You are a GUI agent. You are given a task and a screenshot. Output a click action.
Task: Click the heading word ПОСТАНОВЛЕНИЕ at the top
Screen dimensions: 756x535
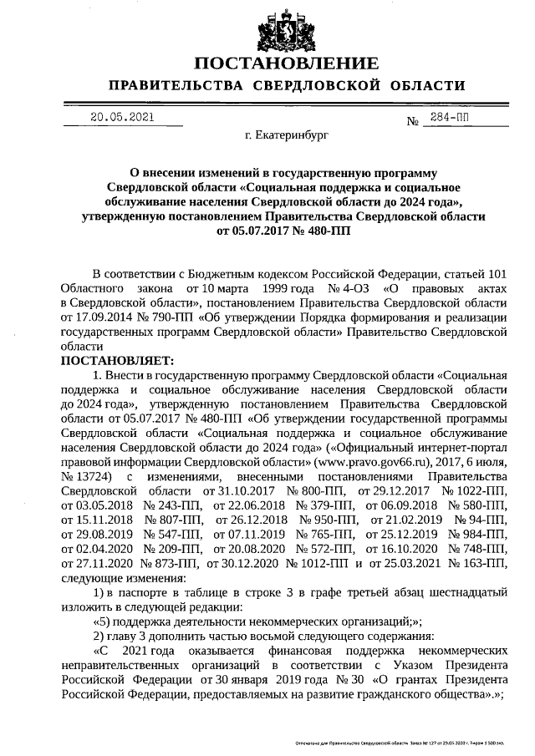pos(286,64)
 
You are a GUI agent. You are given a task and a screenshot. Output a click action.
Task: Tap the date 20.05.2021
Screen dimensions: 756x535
pos(122,118)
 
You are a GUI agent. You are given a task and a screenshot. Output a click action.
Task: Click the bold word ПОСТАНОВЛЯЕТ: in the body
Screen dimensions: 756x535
pos(117,361)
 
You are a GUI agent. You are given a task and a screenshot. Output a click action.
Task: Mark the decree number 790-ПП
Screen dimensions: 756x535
pos(156,317)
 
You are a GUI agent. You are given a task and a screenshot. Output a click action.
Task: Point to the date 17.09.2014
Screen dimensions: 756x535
pos(103,317)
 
